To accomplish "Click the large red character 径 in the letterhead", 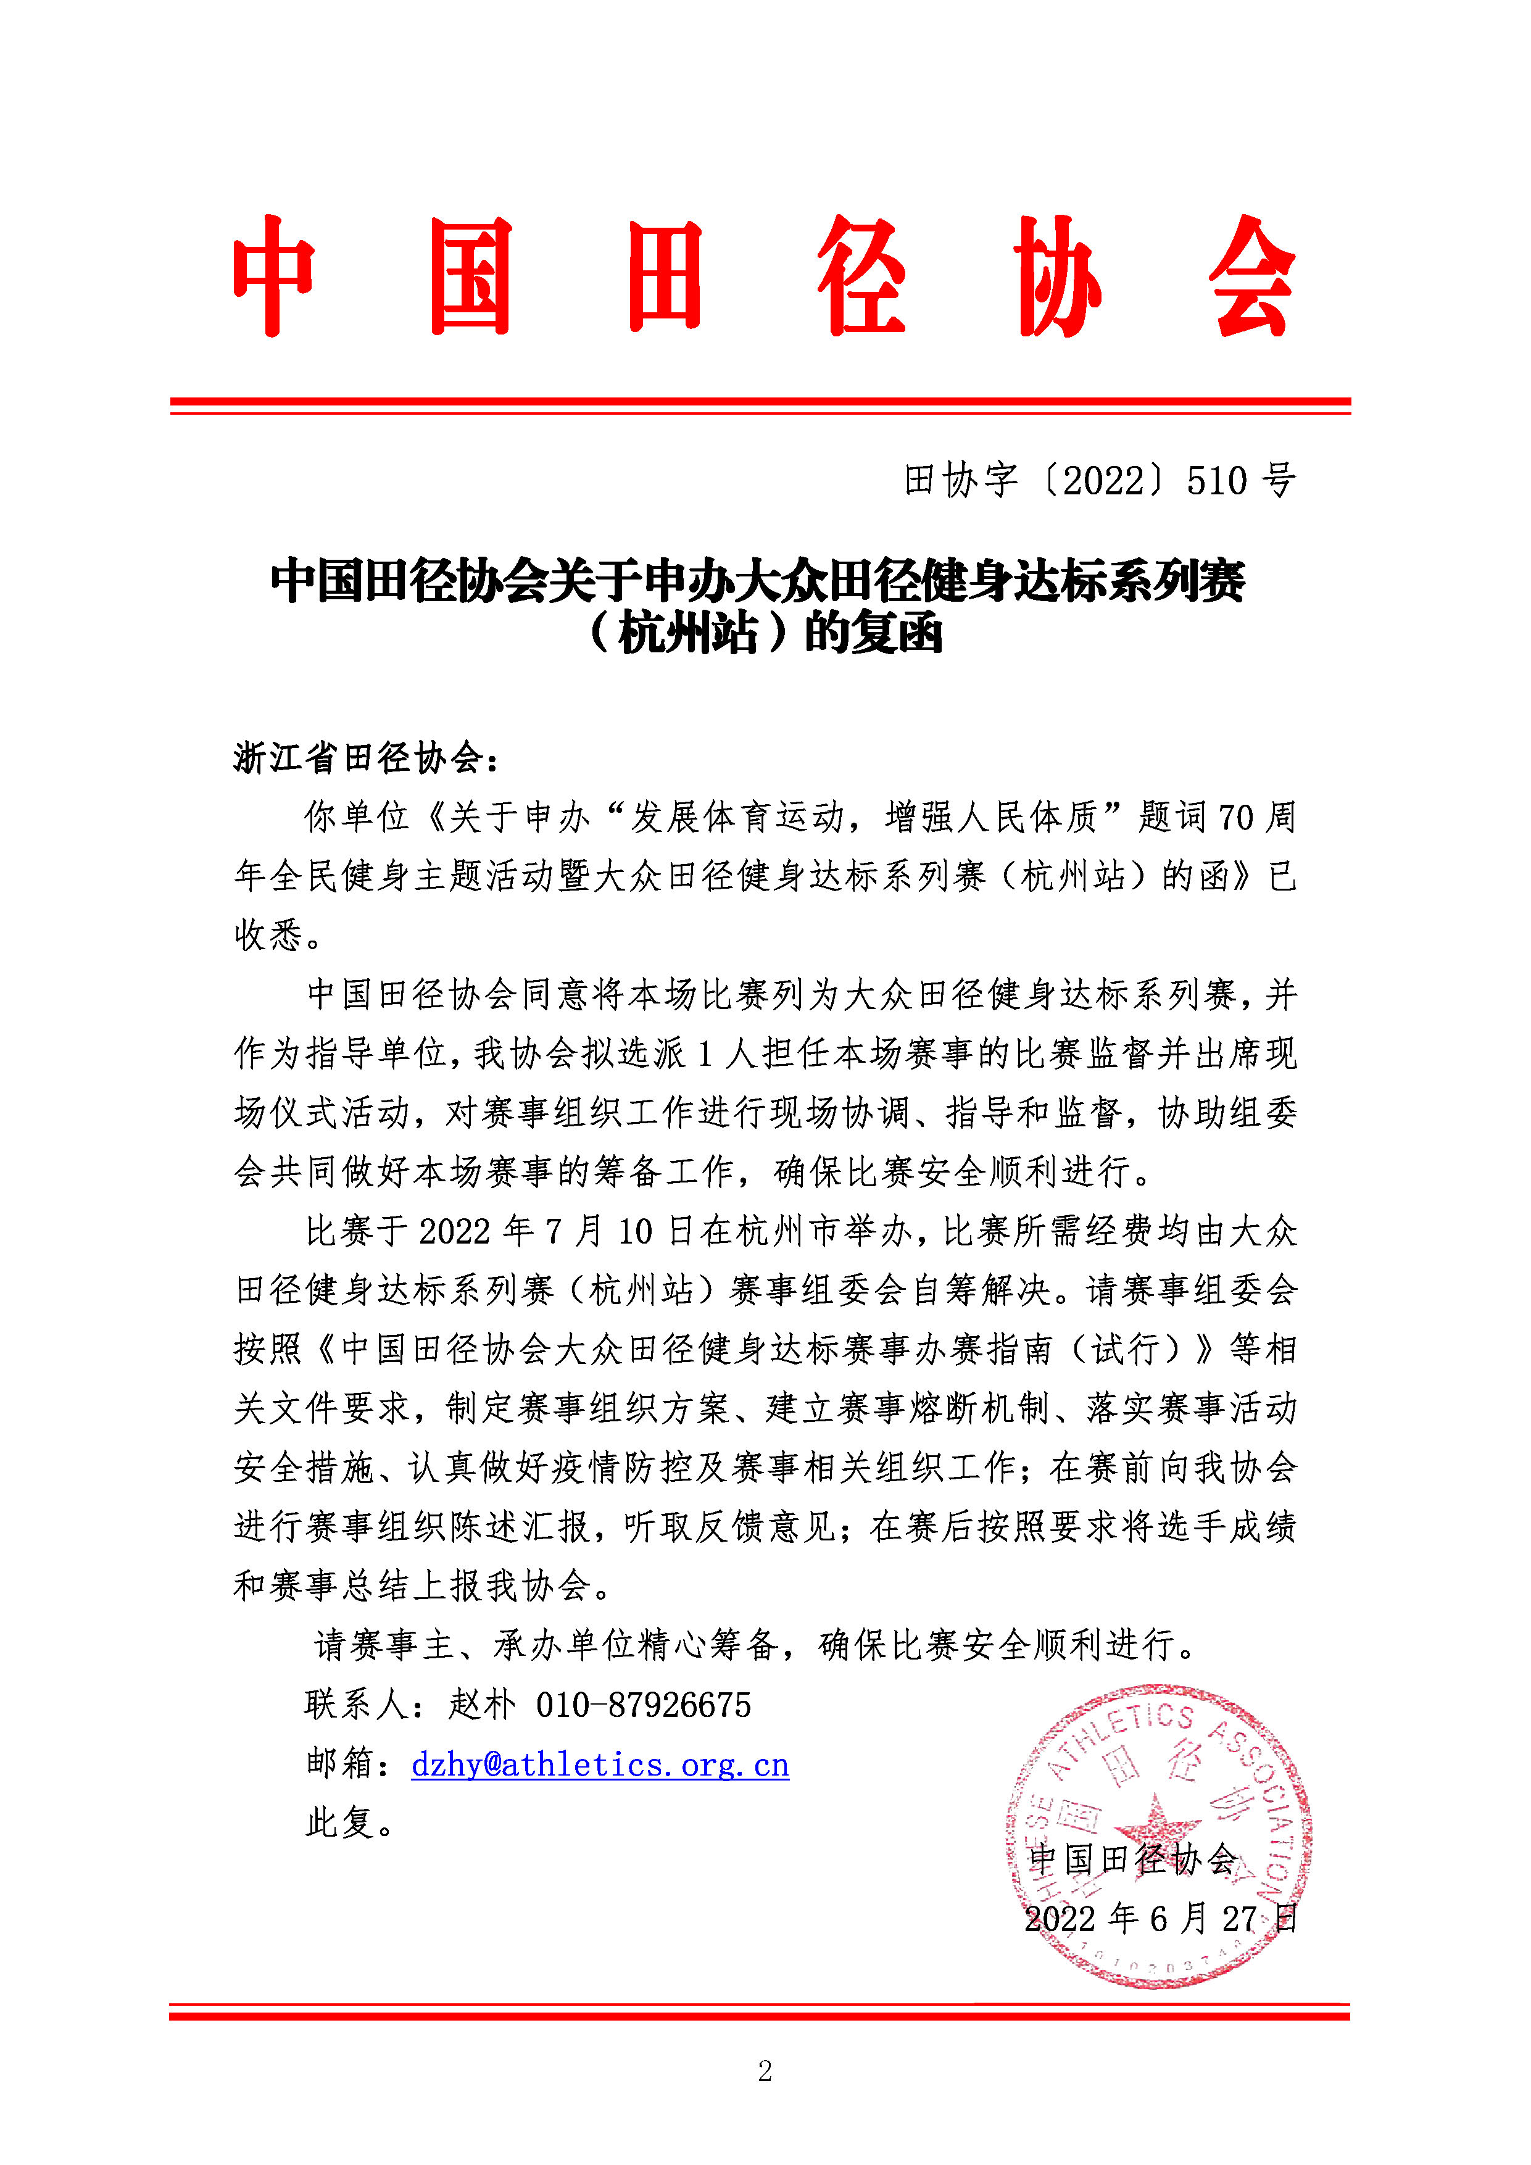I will [x=861, y=276].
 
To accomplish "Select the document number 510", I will [x=1217, y=481].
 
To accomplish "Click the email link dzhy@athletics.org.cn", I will [x=600, y=1764].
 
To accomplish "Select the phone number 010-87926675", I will [x=643, y=1705].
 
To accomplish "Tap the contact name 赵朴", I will [x=482, y=1705].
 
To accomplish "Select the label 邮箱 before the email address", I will [x=341, y=1764].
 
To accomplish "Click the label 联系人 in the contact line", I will [x=356, y=1705].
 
